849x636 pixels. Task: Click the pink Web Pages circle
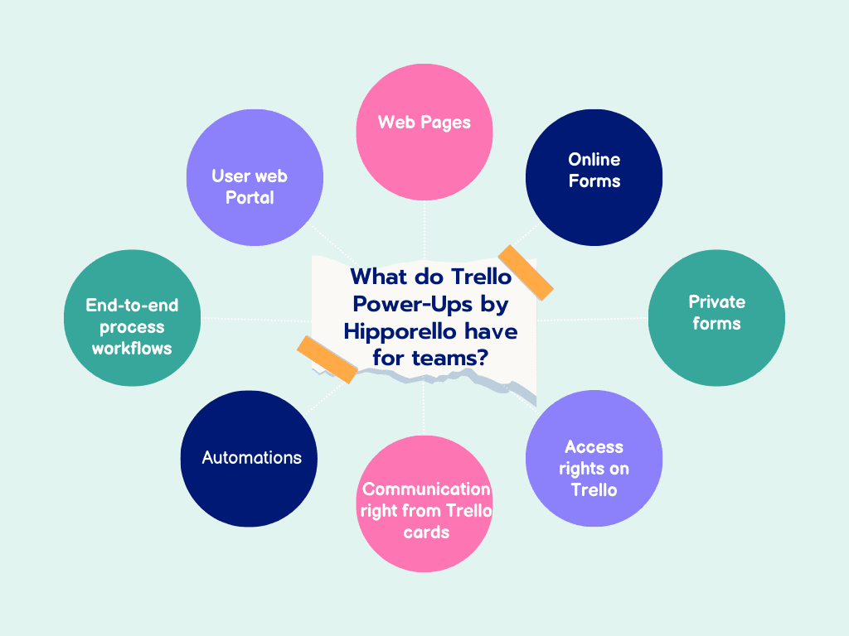pyautogui.click(x=424, y=124)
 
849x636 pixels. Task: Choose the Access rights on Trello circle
pyautogui.click(x=594, y=464)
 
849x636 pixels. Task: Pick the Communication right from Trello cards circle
pyautogui.click(x=426, y=505)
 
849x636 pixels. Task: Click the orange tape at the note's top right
pyautogui.click(x=525, y=271)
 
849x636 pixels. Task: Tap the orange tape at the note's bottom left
pyautogui.click(x=327, y=359)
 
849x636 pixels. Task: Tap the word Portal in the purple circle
pyautogui.click(x=250, y=198)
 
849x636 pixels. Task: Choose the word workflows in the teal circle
pyautogui.click(x=132, y=348)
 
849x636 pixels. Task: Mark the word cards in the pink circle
pyautogui.click(x=426, y=532)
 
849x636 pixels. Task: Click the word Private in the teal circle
pyautogui.click(x=716, y=301)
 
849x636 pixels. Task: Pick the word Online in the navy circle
pyautogui.click(x=594, y=159)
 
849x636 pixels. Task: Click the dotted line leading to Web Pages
pyautogui.click(x=424, y=228)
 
